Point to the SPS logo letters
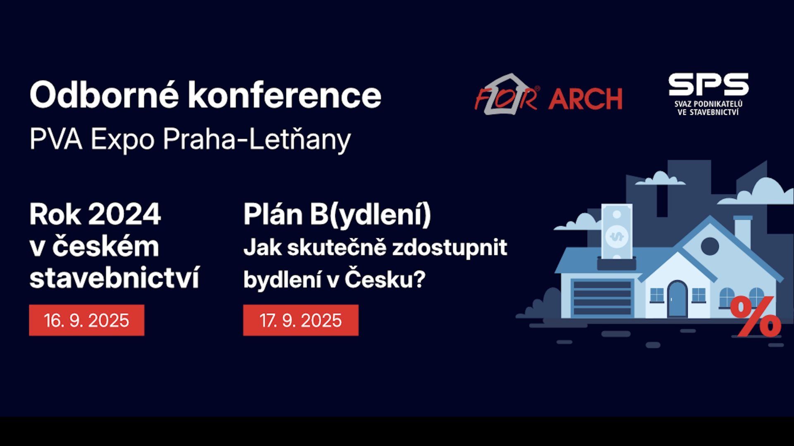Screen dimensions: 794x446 [x=708, y=85]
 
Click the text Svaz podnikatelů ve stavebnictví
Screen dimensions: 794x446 [x=708, y=108]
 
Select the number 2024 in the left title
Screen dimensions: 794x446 [x=124, y=214]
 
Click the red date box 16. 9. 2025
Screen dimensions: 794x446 [x=87, y=320]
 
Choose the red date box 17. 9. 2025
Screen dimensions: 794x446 [x=301, y=320]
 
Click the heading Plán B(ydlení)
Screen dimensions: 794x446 [x=337, y=215]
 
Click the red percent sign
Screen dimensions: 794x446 [x=756, y=316]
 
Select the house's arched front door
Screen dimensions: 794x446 [x=677, y=299]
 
